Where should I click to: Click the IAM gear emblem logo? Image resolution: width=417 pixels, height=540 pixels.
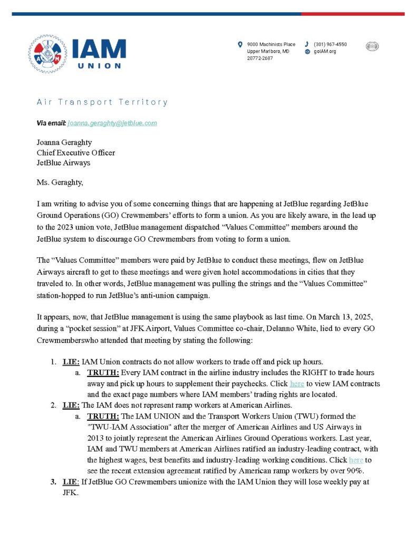[x=47, y=54]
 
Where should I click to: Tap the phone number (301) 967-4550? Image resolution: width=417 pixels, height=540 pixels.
[x=330, y=44]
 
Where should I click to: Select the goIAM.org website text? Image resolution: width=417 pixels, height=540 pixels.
[x=325, y=52]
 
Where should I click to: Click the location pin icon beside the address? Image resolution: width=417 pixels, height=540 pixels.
[x=240, y=44]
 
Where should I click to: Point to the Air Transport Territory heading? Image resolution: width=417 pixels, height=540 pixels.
[x=102, y=102]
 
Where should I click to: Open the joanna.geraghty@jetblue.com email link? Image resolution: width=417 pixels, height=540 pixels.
[x=112, y=123]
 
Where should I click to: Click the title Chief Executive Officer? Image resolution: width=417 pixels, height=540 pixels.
[x=76, y=153]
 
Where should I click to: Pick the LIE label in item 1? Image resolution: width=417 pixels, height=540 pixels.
[x=71, y=362]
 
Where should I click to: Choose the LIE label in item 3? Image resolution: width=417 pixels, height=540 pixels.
[x=71, y=481]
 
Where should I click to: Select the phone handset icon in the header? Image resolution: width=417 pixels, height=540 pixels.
[x=307, y=44]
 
